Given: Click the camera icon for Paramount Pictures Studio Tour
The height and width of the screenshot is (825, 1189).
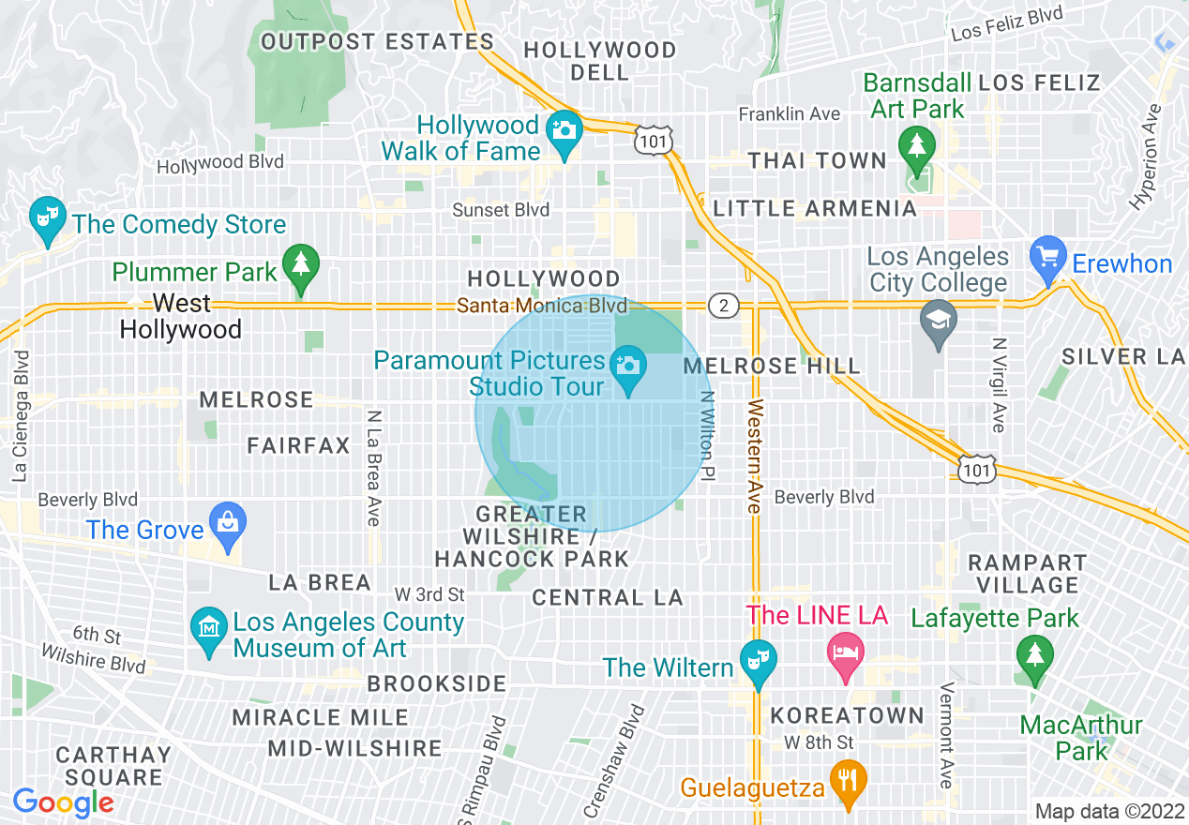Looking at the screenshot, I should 627,363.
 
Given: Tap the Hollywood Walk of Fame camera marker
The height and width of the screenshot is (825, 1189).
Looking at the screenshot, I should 564,128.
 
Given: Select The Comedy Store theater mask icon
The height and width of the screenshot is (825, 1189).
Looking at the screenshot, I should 45,216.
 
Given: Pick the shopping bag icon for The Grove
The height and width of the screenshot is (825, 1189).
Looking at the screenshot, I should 228,521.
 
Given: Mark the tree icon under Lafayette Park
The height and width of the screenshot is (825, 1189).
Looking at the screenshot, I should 1034,653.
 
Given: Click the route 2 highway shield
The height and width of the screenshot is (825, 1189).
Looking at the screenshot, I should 723,306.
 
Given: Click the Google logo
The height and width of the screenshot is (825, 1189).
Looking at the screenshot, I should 63,802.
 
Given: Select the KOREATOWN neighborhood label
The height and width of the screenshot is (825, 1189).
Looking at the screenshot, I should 848,715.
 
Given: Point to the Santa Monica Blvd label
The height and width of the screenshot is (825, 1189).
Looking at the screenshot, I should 542,306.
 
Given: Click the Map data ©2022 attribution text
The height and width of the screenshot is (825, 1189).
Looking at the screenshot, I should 1108,812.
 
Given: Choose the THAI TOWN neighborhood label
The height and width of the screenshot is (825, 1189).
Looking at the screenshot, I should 817,160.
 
